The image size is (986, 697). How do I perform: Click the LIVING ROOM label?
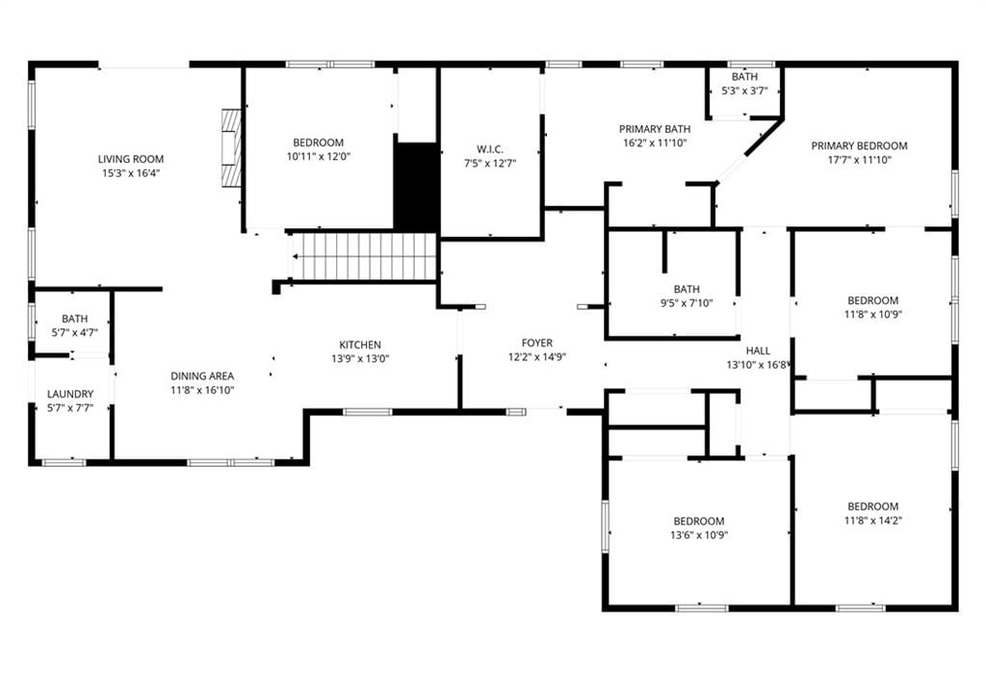click(x=131, y=159)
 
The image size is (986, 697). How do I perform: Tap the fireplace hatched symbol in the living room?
click(x=232, y=148)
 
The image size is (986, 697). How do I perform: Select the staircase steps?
click(x=364, y=256)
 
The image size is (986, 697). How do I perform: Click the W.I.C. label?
click(x=490, y=149)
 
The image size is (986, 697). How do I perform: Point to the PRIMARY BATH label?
click(x=655, y=129)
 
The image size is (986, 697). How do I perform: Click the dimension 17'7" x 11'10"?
click(x=859, y=160)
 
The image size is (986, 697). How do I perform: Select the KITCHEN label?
click(x=360, y=345)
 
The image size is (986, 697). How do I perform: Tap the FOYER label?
click(x=537, y=343)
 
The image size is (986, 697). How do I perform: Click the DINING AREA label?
click(x=202, y=375)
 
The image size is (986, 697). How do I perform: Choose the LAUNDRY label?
click(x=70, y=394)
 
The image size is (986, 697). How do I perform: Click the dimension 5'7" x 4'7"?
click(x=75, y=332)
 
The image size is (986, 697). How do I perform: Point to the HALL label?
click(x=759, y=350)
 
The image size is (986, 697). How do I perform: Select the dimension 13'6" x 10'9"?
click(x=699, y=535)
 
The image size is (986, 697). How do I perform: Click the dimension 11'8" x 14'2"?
click(x=872, y=520)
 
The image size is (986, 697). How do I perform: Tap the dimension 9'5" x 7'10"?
click(x=687, y=303)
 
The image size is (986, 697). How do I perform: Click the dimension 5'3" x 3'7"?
click(x=744, y=90)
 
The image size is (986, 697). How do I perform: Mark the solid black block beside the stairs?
click(x=416, y=187)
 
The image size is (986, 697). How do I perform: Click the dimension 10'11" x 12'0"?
click(x=318, y=157)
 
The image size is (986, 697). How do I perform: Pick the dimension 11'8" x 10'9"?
click(x=872, y=314)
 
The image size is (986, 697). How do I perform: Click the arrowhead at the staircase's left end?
click(x=296, y=256)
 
